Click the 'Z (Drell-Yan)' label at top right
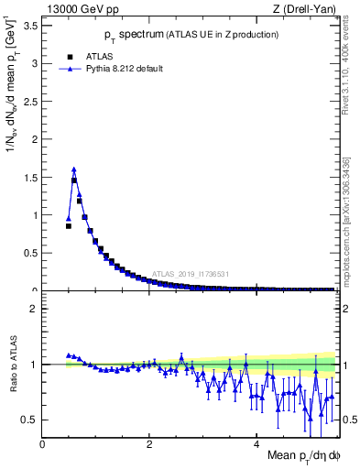305,8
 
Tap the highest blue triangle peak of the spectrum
73,169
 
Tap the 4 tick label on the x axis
257,443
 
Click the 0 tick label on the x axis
43,443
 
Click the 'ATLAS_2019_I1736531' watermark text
190,274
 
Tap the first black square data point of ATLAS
68,225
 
